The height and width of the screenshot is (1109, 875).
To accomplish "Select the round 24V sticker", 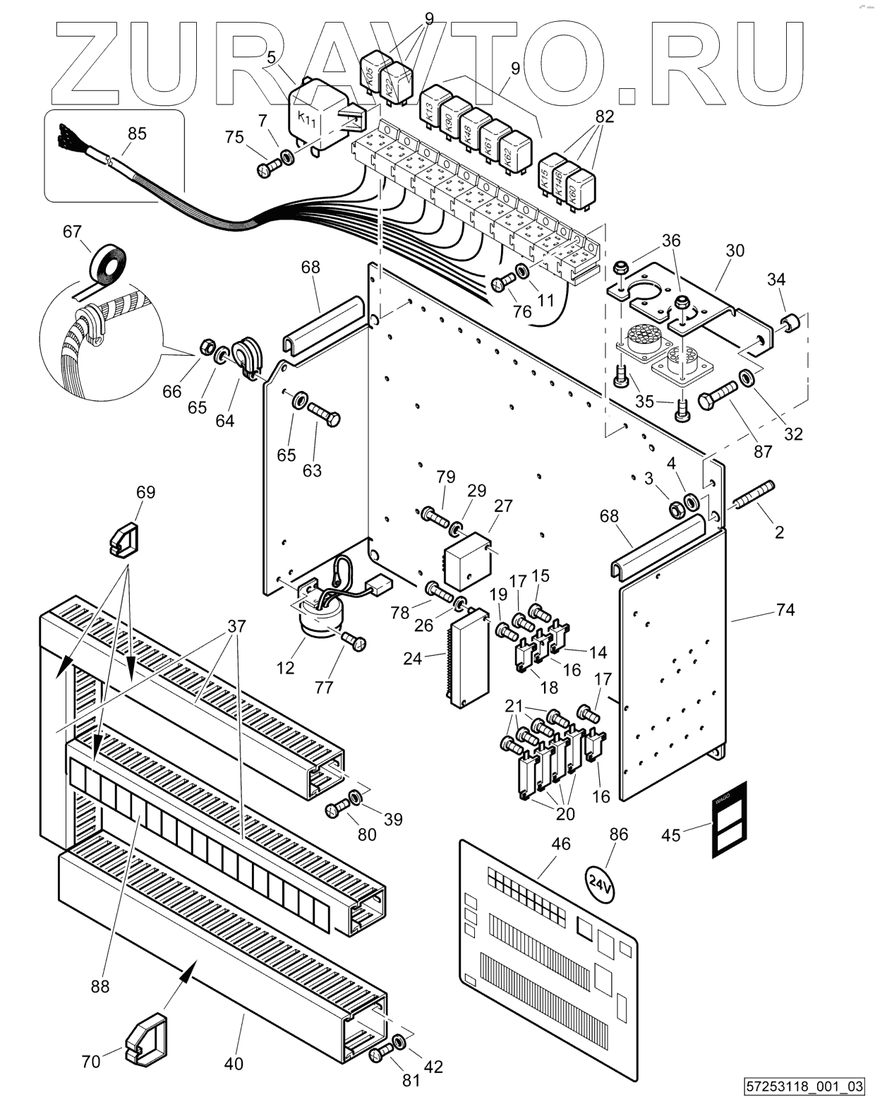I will [x=601, y=885].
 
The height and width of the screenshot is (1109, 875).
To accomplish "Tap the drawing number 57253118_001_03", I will [x=804, y=1086].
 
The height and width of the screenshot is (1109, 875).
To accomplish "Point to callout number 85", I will [x=137, y=133].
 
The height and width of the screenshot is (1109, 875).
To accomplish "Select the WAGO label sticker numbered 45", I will [x=730, y=821].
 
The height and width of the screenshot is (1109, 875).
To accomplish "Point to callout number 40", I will [x=234, y=1062].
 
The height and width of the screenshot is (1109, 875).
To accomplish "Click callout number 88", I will [x=100, y=985].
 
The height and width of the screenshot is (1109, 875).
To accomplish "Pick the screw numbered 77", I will [x=354, y=642].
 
